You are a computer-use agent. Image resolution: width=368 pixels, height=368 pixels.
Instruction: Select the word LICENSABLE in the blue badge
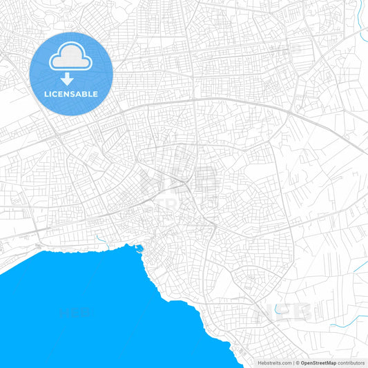(71, 93)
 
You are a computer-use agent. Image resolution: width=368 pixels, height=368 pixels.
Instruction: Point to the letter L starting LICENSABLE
(46, 93)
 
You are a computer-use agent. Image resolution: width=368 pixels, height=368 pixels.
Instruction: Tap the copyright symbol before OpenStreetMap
(297, 362)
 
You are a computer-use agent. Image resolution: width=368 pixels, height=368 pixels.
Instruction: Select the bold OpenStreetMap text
(318, 362)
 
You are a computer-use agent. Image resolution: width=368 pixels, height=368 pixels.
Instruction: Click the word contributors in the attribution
(351, 362)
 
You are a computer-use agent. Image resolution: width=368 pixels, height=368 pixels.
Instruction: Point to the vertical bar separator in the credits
(293, 362)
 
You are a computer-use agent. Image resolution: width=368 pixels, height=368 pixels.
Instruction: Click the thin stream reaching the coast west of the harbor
(104, 242)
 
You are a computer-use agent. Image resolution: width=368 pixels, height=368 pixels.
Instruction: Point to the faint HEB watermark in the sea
(76, 313)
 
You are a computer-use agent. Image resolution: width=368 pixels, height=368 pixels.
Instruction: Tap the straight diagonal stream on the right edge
(361, 266)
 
